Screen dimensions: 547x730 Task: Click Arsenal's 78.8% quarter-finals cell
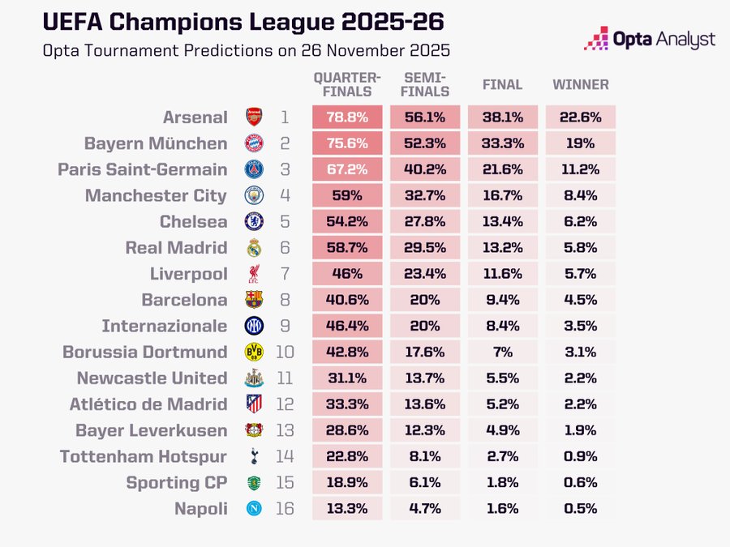[x=347, y=118]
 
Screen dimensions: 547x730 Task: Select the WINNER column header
[x=581, y=85]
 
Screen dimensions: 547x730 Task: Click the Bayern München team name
[x=156, y=143]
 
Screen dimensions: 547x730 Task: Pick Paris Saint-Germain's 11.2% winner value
[x=581, y=169]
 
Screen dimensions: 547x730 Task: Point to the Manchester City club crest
[x=255, y=195]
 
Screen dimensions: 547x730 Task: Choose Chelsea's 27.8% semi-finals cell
[x=425, y=221]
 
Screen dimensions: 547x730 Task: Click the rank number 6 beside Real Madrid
[x=285, y=247]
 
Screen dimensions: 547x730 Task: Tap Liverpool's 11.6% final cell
[x=503, y=274]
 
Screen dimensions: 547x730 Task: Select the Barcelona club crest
[x=255, y=300]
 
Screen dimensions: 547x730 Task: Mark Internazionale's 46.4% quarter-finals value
[x=347, y=326]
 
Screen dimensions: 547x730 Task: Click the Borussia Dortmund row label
[x=145, y=352]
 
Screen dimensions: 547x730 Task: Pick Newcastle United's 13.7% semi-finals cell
[x=425, y=378]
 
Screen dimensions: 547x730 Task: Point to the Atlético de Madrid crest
[x=255, y=404]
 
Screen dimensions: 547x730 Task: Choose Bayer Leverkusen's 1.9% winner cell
[x=581, y=430]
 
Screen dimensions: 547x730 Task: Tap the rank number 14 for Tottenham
[x=285, y=456]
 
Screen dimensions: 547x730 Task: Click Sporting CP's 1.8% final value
[x=503, y=482]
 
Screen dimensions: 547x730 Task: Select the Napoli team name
[x=200, y=508]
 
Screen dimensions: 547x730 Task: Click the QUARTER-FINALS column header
[x=347, y=84]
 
